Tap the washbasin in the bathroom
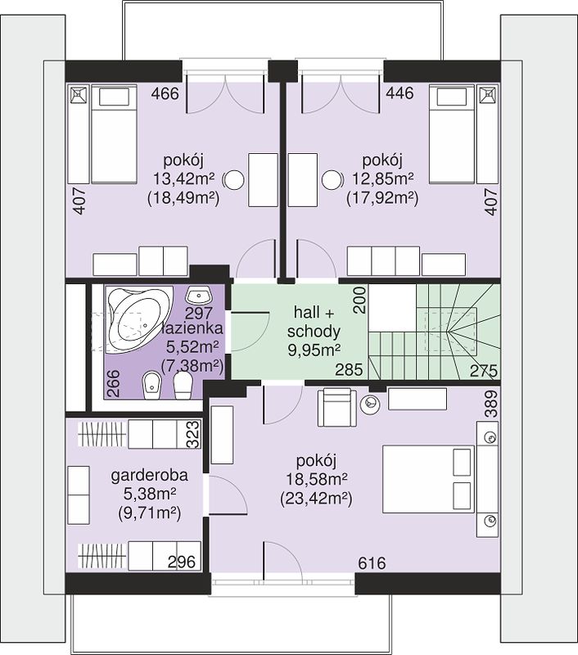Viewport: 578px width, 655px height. tap(199, 295)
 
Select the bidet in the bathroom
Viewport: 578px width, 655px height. tap(152, 385)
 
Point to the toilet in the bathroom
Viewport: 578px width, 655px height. tap(183, 385)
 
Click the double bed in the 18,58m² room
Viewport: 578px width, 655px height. tap(428, 479)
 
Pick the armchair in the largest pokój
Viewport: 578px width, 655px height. tap(337, 407)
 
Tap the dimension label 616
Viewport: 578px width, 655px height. tap(372, 563)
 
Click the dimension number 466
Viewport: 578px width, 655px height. tap(165, 93)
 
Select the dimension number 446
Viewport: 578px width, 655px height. tap(400, 93)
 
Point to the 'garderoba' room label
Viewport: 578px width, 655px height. tap(150, 476)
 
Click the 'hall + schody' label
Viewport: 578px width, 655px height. tap(314, 322)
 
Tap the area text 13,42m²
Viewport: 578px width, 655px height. tap(183, 179)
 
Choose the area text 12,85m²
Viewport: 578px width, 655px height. tap(382, 179)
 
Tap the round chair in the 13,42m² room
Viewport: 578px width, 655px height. tap(234, 180)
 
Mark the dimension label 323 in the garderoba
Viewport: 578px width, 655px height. tap(193, 435)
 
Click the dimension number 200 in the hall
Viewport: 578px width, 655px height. tap(360, 300)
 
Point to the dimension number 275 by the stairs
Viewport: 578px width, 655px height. tap(484, 371)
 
